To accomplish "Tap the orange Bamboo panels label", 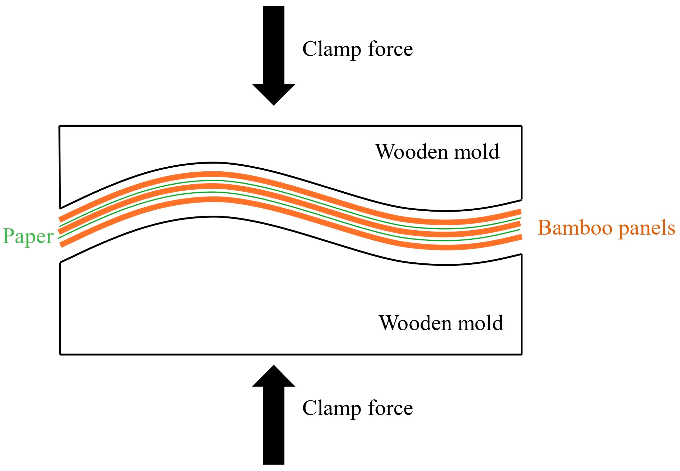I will pos(606,228).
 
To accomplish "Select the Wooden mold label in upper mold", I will pos(437,152).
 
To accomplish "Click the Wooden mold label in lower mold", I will pos(441,323).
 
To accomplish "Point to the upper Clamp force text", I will pos(357,49).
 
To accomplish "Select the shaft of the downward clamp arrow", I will pos(274,44).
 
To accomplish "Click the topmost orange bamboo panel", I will pos(213,175).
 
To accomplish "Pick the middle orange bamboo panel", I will pos(213,187).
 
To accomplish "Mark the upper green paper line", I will pos(213,180).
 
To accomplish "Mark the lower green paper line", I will pos(213,192).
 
